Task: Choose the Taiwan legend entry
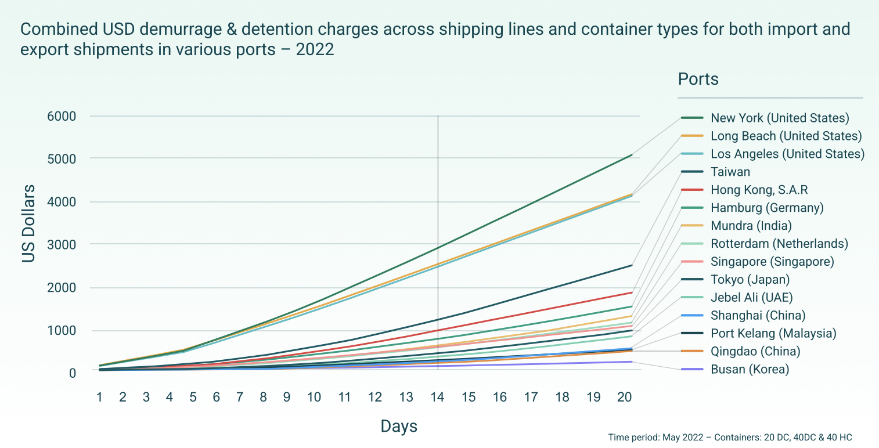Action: point(730,172)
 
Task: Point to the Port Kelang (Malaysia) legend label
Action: point(773,334)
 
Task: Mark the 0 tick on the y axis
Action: point(72,373)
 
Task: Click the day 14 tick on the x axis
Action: point(437,398)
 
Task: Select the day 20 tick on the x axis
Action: point(625,398)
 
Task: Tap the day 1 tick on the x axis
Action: point(100,398)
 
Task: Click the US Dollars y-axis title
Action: point(28,223)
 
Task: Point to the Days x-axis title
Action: point(399,427)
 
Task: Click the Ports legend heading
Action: point(698,79)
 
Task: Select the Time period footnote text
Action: point(730,437)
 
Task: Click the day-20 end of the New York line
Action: point(632,155)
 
